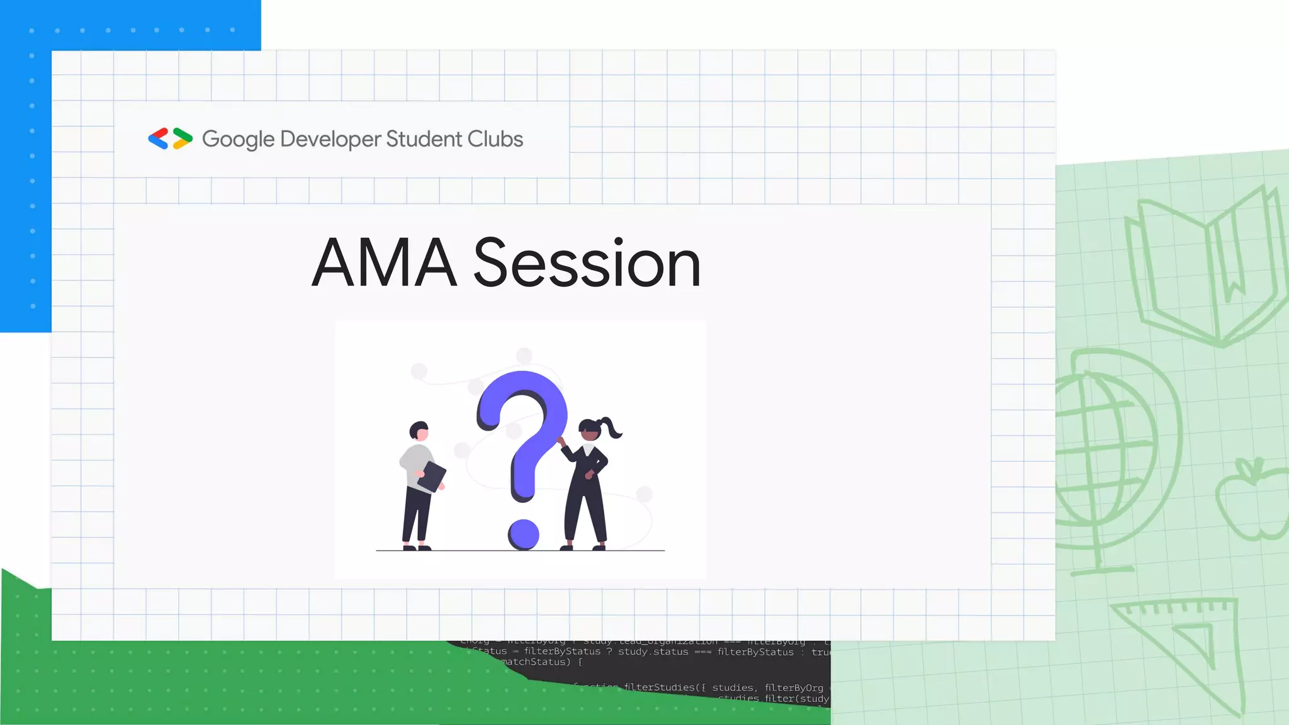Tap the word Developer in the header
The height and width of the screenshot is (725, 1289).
tap(330, 139)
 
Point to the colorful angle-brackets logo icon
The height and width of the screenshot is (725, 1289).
tap(170, 138)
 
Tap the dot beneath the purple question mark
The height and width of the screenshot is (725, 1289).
tap(524, 534)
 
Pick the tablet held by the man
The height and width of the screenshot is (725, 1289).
tap(432, 476)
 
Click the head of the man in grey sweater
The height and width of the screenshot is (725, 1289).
tap(419, 431)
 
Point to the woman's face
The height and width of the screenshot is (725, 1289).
tap(590, 434)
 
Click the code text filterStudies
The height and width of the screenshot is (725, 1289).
tap(660, 687)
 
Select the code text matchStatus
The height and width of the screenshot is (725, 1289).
tap(536, 662)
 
